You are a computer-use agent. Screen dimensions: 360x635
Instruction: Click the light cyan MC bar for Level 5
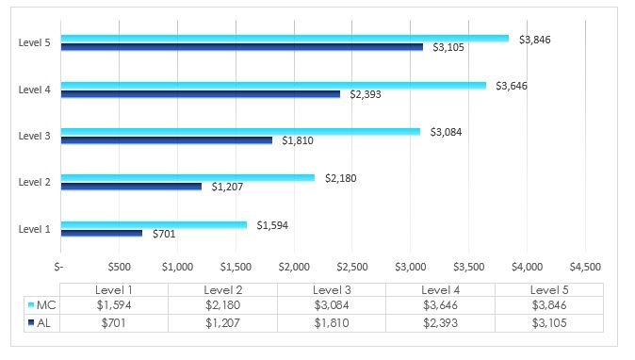[283, 39]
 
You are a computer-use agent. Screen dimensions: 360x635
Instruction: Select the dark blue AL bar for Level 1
[102, 233]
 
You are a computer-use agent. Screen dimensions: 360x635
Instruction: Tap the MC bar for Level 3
[240, 131]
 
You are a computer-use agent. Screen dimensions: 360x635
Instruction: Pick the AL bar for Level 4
[200, 93]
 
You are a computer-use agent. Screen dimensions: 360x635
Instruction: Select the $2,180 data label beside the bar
[341, 178]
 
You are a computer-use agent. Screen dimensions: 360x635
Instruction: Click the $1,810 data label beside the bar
[297, 140]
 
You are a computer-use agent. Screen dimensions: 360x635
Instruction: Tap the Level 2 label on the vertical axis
[35, 181]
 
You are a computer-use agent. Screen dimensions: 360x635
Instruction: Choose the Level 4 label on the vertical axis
[35, 90]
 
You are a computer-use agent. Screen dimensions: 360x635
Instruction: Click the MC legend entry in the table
[42, 305]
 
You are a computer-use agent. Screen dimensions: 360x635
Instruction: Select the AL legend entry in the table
[42, 322]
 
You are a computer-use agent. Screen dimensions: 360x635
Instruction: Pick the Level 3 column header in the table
[331, 289]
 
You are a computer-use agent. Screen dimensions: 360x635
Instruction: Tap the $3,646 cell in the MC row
[440, 305]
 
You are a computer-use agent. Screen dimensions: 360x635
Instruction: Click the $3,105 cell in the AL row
[548, 322]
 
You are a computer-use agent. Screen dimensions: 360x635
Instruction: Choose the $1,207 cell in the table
[222, 322]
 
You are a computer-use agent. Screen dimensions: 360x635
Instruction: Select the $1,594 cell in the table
[113, 305]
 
